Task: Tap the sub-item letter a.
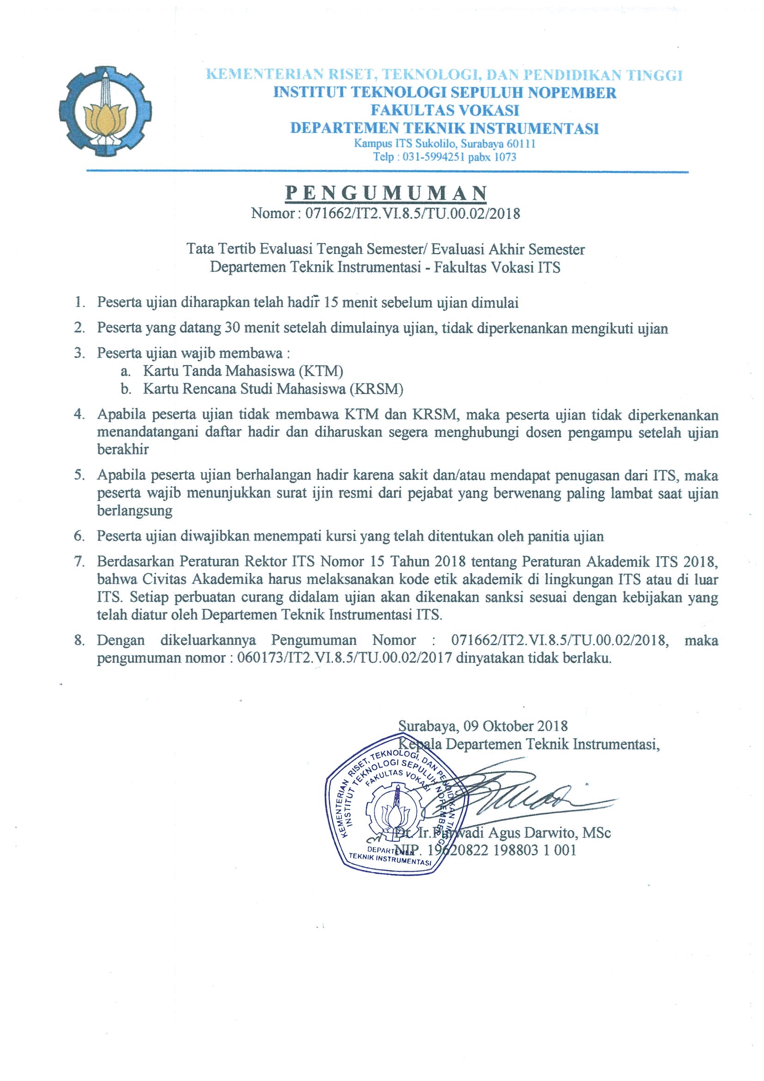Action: tap(125, 371)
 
